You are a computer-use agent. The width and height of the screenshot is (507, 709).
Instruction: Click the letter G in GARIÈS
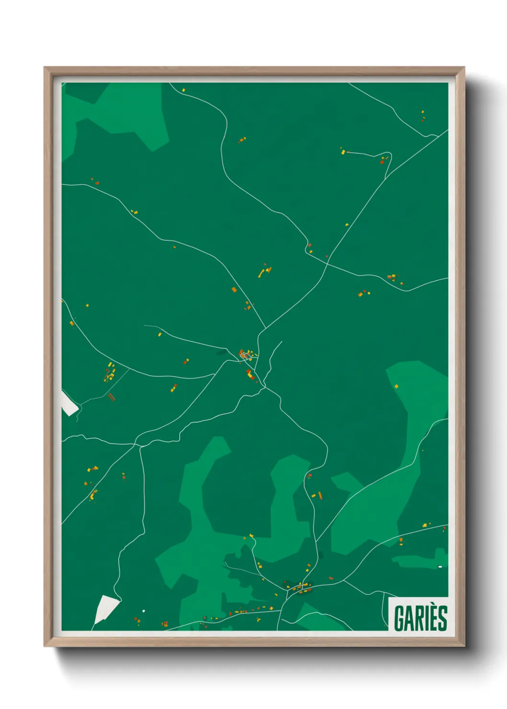[x=399, y=618]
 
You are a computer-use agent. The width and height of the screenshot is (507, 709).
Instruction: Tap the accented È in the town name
[x=430, y=618]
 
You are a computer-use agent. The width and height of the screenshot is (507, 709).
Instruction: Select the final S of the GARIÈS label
[x=442, y=618]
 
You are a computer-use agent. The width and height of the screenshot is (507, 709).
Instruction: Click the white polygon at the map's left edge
[x=69, y=403]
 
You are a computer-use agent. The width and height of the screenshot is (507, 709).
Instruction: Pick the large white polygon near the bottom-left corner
[x=105, y=609]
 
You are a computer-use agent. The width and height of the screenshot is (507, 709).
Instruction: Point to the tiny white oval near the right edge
[x=440, y=567]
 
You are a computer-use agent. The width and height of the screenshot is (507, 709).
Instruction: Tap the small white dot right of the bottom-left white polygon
[x=143, y=611]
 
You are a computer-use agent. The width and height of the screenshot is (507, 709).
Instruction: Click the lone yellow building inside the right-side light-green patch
[x=396, y=386]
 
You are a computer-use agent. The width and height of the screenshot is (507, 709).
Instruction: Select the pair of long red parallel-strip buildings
[x=111, y=397]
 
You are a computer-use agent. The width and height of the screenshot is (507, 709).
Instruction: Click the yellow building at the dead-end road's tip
[x=343, y=152]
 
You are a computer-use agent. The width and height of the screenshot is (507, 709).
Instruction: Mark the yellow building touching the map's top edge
[x=183, y=90]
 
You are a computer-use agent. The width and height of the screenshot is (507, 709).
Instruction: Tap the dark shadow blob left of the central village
[x=221, y=353]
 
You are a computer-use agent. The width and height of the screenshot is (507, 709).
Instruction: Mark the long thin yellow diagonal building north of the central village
[x=262, y=273]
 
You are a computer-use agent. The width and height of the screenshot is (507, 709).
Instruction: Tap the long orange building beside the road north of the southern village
[x=320, y=495]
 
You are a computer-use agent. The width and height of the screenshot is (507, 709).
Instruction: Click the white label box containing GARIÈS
[x=418, y=614]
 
